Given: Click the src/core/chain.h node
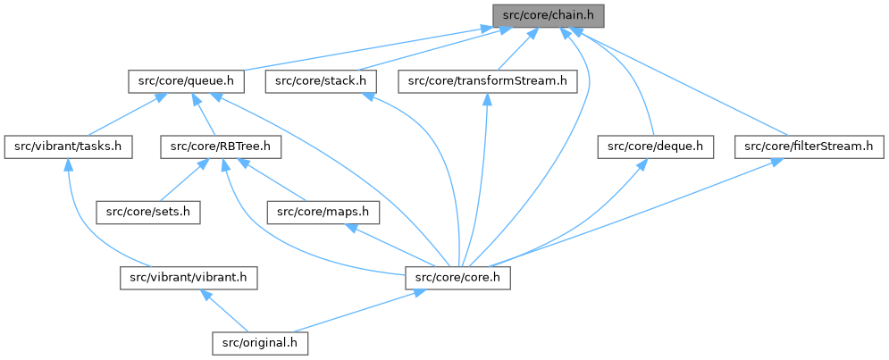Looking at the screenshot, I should coord(549,15).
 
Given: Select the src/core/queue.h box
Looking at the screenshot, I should coord(186,81).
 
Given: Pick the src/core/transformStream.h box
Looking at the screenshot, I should coord(488,81).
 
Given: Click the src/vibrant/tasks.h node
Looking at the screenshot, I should coord(68,147).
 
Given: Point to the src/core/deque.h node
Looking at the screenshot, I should coord(656,147).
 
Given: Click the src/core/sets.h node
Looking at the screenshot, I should coord(149,212).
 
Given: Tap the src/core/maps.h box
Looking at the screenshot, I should coord(323,212).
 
